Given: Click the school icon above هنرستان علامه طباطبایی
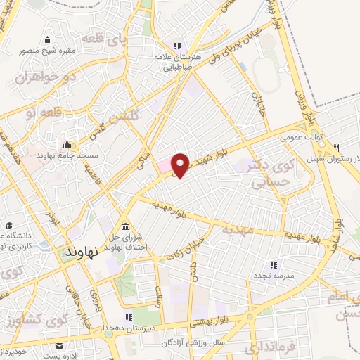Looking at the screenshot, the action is point(176,46).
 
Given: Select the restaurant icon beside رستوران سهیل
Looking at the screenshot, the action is point(337,147).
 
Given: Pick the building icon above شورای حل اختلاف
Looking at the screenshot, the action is point(125,226).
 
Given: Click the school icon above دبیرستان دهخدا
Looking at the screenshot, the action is point(129,317).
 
